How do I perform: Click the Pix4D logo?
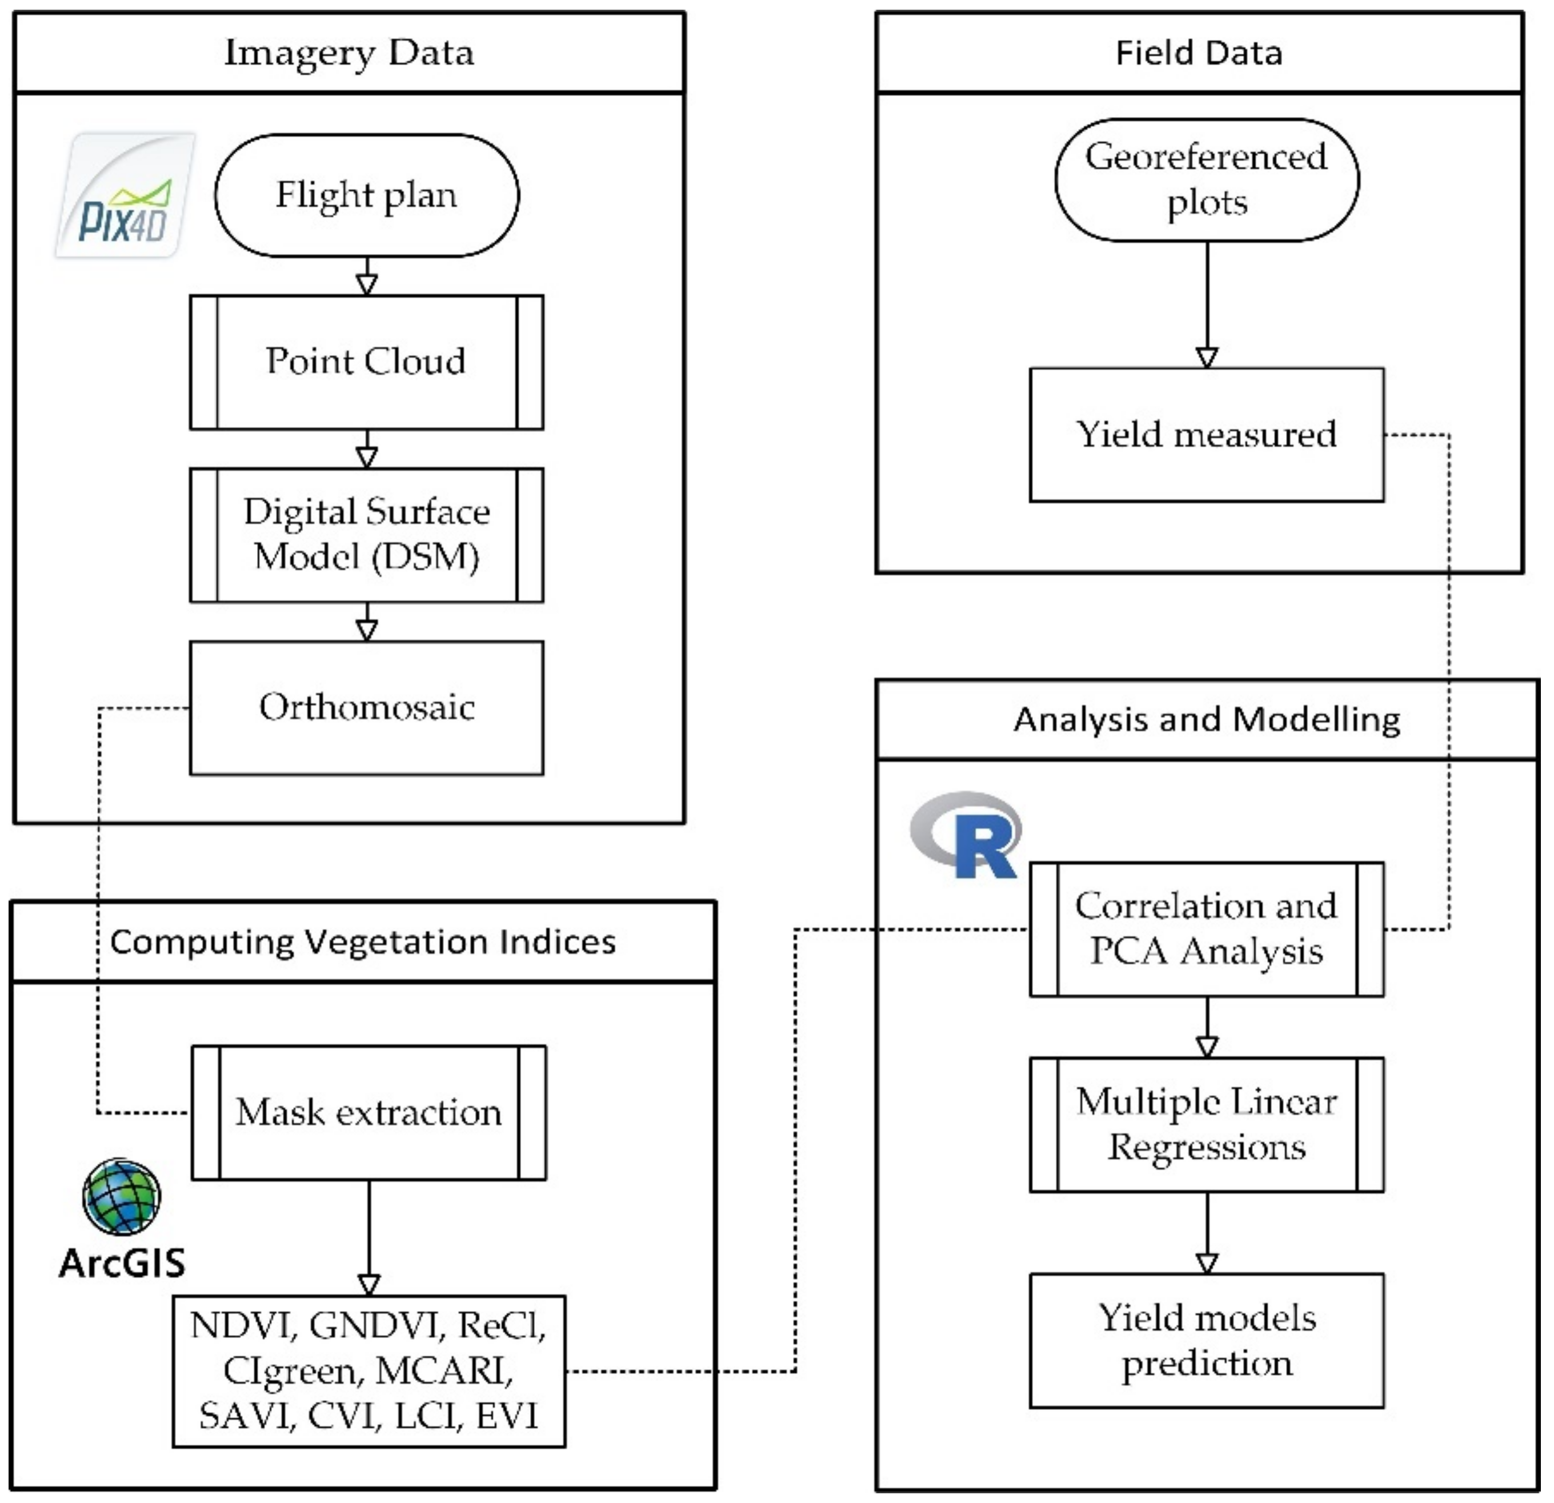pos(125,195)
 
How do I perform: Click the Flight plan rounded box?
pos(366,195)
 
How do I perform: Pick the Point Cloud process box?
pos(366,362)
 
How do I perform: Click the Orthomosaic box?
pos(366,708)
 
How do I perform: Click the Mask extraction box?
pos(369,1113)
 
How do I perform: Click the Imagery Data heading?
pos(349,53)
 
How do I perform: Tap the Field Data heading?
pos(1199,53)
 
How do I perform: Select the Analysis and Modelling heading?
pos(1207,720)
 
